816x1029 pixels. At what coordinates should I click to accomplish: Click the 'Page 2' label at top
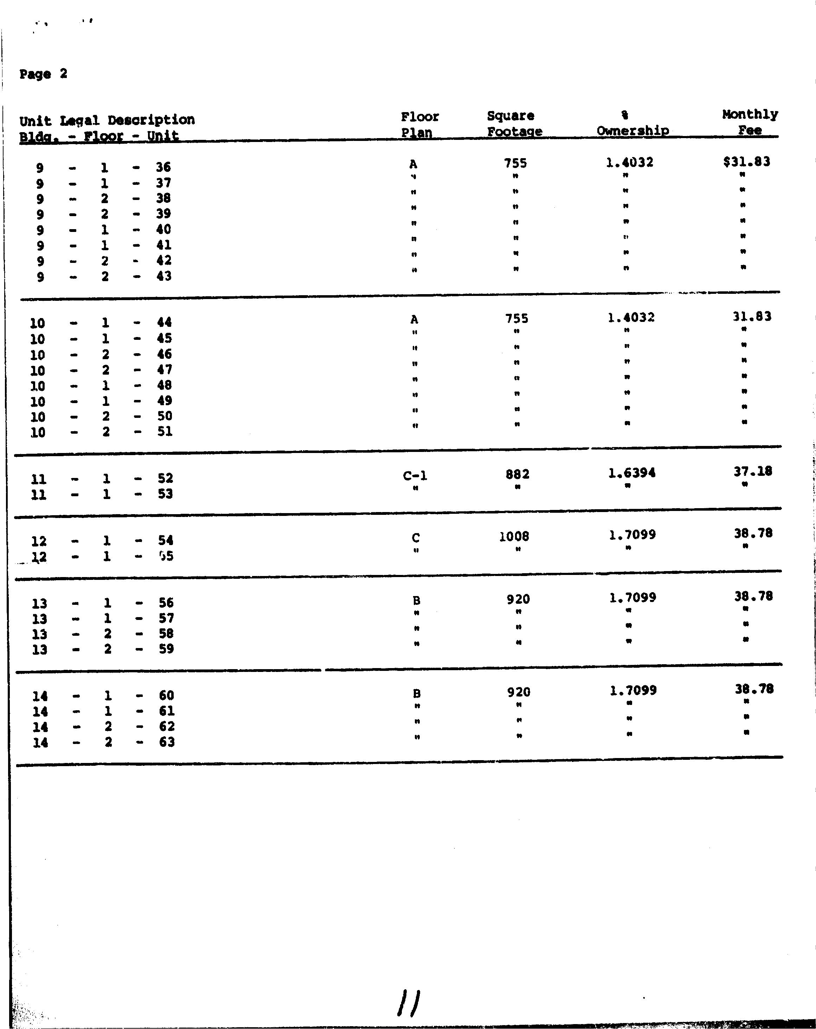pos(43,74)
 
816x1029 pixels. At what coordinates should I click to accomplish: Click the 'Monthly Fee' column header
pos(750,122)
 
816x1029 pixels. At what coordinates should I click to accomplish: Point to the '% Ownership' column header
pos(632,123)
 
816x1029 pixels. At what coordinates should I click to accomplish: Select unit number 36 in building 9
pos(163,167)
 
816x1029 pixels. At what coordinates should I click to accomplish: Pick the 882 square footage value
pos(517,474)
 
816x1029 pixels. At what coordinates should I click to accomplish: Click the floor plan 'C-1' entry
pos(415,476)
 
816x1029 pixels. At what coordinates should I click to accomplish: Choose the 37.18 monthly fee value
pos(752,472)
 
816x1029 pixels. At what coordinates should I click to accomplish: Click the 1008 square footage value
pos(514,536)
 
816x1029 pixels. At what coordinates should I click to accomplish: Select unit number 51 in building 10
pos(165,432)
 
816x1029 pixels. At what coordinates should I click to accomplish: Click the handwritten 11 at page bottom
pos(408,1002)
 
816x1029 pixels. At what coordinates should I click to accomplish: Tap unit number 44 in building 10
pos(164,323)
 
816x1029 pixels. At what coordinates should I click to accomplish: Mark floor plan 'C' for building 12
pos(416,538)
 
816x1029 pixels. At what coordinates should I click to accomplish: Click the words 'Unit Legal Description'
pos(107,120)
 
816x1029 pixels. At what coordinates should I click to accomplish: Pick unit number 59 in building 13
pos(166,649)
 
